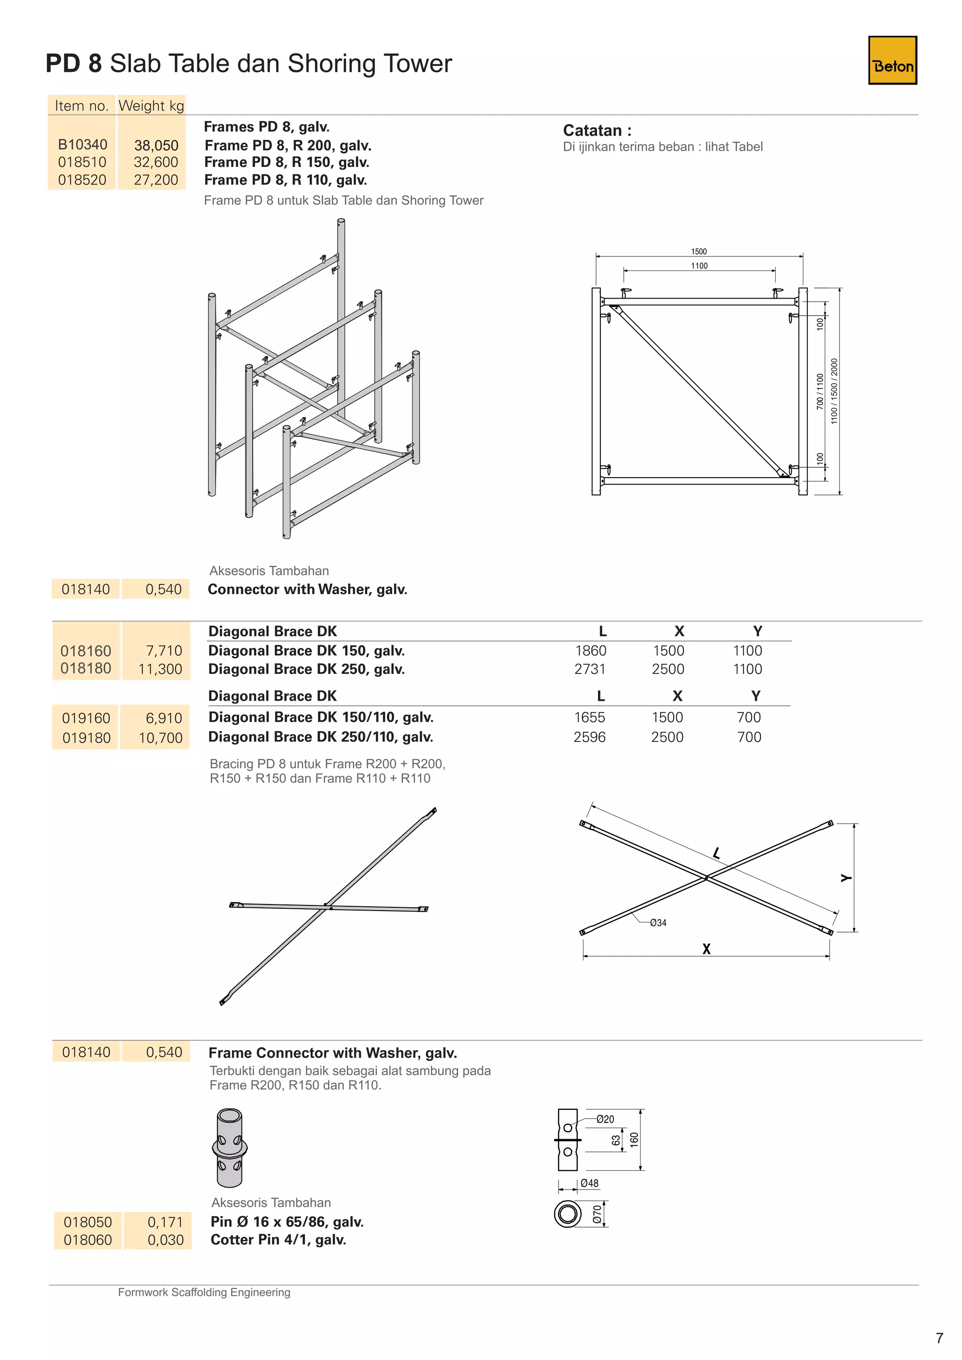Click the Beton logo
(x=892, y=61)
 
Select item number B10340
(x=82, y=145)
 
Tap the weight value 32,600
(x=156, y=162)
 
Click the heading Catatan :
(x=597, y=130)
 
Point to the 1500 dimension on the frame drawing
(x=698, y=252)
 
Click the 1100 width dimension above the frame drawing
(x=699, y=266)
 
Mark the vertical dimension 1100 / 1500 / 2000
(x=834, y=391)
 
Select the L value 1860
(x=590, y=650)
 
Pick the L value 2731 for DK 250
(x=590, y=669)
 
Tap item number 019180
(x=86, y=738)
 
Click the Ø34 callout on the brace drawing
(x=658, y=923)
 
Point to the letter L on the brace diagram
(x=717, y=853)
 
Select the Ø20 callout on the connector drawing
(x=605, y=1119)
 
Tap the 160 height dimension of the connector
(x=634, y=1139)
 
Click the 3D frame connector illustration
(x=230, y=1148)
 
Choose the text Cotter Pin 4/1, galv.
(x=279, y=1240)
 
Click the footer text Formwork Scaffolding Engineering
(x=204, y=1292)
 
